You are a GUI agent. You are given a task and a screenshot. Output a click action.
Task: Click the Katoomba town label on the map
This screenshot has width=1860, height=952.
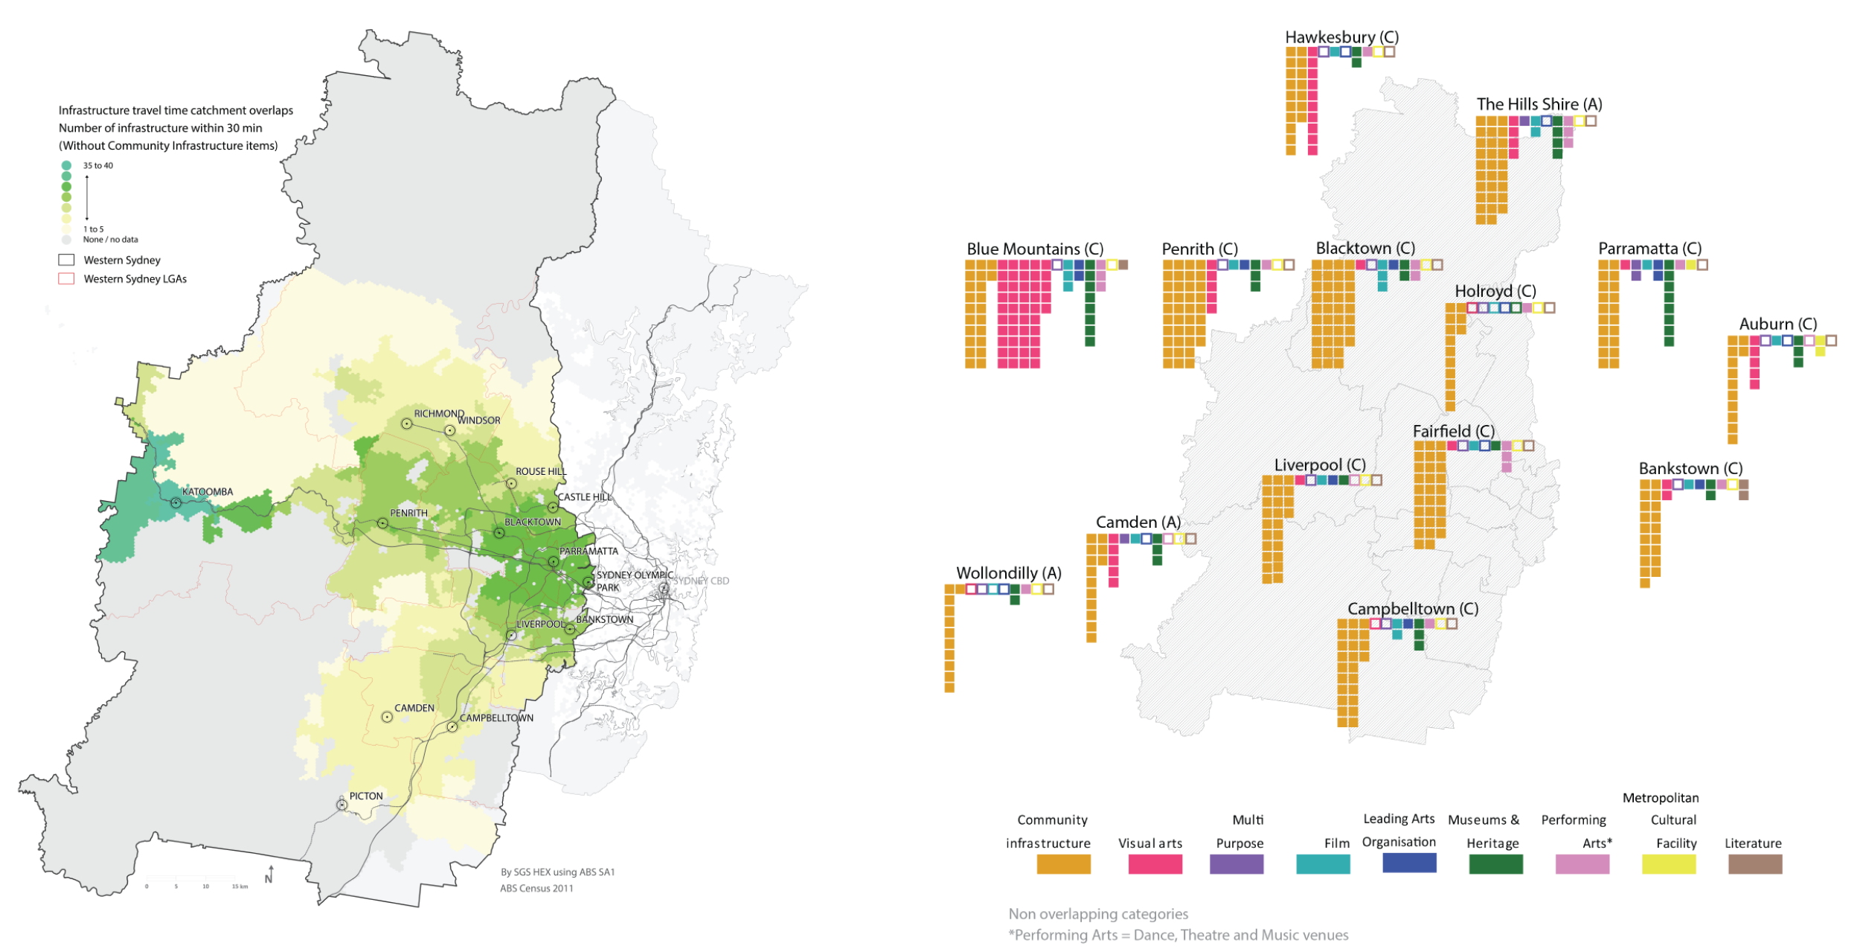click(208, 492)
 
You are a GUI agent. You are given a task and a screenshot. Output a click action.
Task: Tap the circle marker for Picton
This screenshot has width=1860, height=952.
click(342, 805)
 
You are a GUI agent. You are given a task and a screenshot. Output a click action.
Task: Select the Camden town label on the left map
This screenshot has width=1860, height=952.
click(414, 708)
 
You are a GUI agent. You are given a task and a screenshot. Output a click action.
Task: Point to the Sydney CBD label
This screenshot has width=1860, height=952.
click(701, 581)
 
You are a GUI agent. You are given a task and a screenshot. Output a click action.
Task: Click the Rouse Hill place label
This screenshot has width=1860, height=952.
click(541, 472)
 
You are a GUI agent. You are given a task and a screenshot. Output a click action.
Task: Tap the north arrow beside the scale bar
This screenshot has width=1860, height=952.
click(270, 876)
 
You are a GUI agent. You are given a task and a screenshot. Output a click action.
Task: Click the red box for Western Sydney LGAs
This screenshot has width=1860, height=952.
click(66, 279)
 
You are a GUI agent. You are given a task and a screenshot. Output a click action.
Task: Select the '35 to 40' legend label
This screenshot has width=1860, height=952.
click(98, 166)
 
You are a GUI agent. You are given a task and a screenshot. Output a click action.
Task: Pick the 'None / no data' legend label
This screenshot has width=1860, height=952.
click(111, 240)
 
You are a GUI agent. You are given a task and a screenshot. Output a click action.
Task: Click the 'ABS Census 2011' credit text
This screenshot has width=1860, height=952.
click(536, 888)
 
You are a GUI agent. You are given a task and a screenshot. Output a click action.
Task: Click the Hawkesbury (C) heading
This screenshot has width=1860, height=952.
click(1341, 37)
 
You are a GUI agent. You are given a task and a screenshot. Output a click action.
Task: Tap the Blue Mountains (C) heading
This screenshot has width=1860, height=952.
click(1034, 249)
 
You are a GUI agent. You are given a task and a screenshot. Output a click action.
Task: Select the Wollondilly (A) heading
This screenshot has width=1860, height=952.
click(1008, 573)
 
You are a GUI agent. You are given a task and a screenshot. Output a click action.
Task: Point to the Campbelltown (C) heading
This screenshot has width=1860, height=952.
click(1412, 609)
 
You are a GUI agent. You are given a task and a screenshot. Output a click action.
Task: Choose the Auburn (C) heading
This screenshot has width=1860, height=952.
click(1777, 325)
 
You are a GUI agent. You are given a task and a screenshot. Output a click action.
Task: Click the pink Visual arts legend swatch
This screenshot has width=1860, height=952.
click(1155, 864)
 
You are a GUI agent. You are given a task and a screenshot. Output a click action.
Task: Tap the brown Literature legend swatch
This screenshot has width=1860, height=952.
click(1754, 864)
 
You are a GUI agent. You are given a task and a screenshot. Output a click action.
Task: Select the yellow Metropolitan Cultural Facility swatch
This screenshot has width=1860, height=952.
click(1668, 864)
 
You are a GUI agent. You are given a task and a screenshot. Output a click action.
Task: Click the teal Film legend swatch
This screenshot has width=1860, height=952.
click(1322, 864)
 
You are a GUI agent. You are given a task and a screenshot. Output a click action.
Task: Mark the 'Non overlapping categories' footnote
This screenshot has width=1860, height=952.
click(1098, 914)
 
